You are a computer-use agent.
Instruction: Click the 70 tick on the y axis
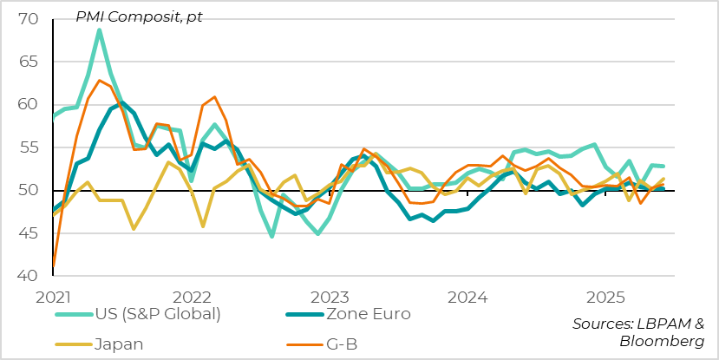pos(28,19)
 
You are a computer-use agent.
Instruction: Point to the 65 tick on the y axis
pos(28,62)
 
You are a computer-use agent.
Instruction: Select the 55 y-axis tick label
pos(28,147)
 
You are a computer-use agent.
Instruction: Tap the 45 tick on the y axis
pos(28,233)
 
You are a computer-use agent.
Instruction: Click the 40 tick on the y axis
pos(28,276)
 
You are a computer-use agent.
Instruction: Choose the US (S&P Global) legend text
pos(161,314)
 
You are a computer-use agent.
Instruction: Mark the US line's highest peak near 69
pos(100,30)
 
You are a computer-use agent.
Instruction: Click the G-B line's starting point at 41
pos(53,267)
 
